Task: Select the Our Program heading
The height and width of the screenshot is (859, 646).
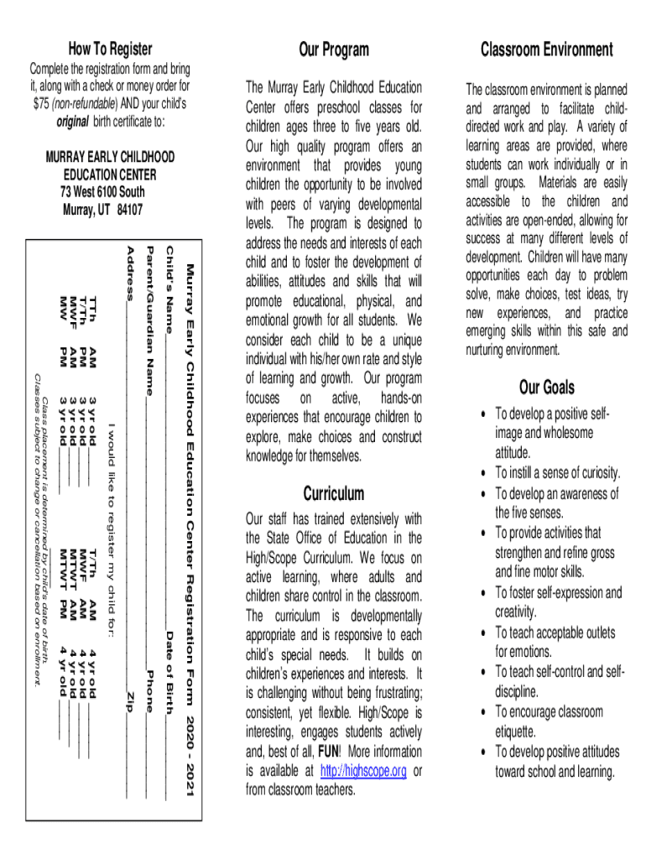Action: [334, 49]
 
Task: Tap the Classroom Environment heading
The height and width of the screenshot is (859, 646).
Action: [546, 49]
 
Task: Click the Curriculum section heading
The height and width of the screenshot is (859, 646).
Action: [334, 492]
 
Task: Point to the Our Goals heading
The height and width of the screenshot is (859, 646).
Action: [547, 387]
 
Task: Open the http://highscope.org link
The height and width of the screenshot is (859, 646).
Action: [363, 770]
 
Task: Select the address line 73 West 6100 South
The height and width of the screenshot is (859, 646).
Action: [102, 192]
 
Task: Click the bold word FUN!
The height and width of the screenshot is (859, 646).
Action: [328, 751]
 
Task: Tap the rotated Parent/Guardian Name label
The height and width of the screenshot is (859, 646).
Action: [150, 320]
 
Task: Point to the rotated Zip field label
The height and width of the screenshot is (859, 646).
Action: [129, 698]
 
